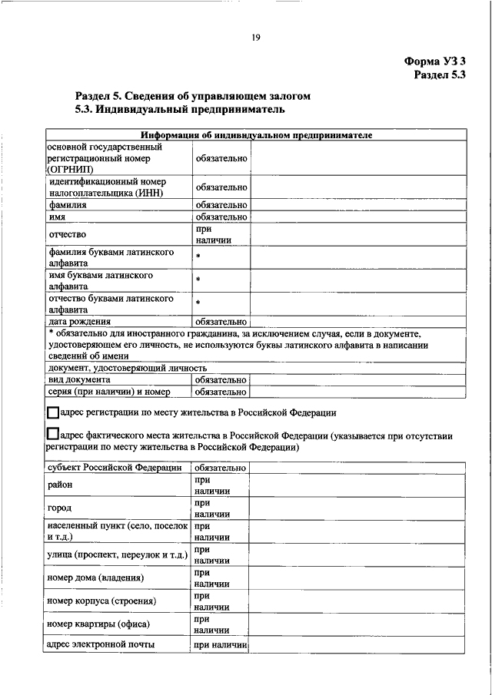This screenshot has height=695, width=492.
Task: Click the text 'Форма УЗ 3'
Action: [x=434, y=59]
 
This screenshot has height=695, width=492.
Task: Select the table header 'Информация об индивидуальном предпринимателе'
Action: [x=257, y=135]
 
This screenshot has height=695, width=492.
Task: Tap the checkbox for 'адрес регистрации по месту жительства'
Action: [x=52, y=412]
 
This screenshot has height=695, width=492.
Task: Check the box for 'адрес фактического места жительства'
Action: [x=52, y=435]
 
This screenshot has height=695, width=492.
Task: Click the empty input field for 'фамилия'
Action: [x=357, y=205]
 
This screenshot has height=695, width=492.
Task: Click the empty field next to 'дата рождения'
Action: [x=357, y=321]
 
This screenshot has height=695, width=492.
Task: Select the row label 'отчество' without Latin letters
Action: [x=67, y=233]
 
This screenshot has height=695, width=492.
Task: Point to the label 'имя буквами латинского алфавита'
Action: [x=99, y=280]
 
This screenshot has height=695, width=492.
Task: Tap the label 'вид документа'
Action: [x=78, y=379]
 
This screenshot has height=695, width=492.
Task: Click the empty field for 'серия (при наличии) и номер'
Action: [x=357, y=392]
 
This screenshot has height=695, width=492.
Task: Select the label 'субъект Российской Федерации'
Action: [x=114, y=467]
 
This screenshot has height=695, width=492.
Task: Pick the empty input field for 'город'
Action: [x=357, y=508]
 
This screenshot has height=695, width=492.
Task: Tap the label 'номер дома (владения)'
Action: [x=95, y=577]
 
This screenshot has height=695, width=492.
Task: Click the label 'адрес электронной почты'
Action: [x=101, y=644]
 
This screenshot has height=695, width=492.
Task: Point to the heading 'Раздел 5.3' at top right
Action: [x=439, y=74]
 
